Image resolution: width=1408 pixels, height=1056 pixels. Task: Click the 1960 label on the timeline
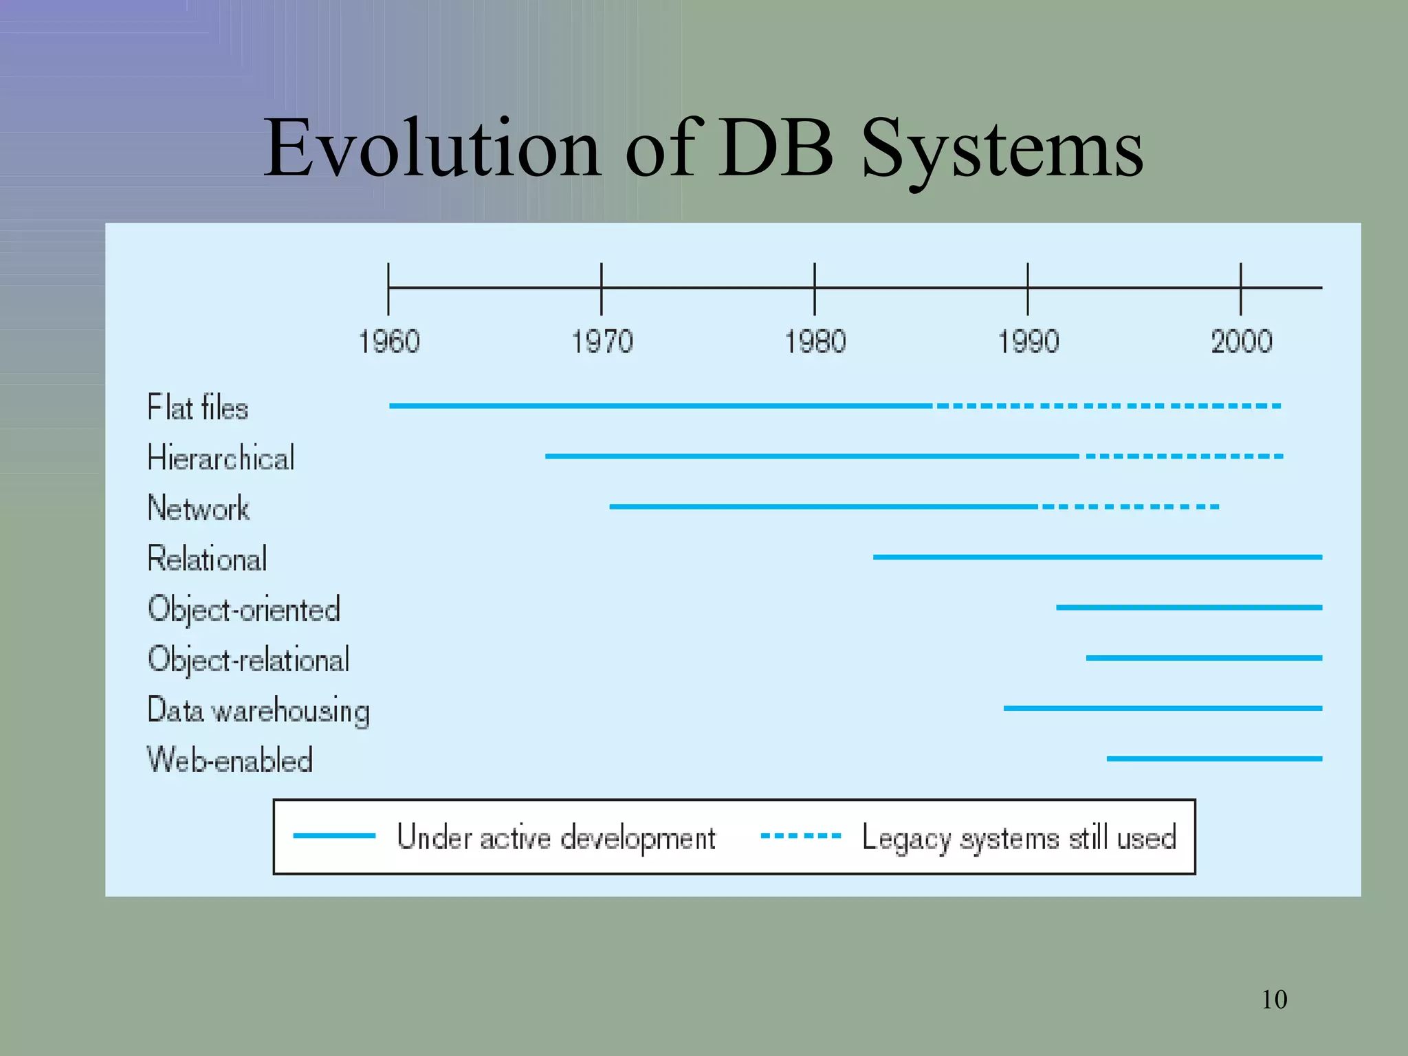click(389, 342)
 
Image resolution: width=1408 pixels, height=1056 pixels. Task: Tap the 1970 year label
click(602, 342)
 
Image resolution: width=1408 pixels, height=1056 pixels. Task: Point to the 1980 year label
click(815, 342)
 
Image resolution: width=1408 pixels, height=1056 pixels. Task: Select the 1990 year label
click(1028, 342)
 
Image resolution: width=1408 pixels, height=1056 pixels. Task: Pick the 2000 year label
click(1242, 342)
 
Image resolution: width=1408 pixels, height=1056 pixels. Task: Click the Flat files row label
click(198, 407)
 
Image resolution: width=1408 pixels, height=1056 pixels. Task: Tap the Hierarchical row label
click(221, 458)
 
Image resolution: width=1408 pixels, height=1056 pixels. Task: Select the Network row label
click(199, 508)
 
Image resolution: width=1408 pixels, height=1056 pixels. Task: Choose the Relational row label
click(208, 558)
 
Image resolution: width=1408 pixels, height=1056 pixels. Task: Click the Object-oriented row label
click(244, 609)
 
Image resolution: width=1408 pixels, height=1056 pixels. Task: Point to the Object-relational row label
click(249, 659)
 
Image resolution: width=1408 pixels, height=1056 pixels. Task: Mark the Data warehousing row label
click(258, 710)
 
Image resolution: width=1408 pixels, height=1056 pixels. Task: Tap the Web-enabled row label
click(230, 760)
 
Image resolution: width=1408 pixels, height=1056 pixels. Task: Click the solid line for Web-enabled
click(1214, 759)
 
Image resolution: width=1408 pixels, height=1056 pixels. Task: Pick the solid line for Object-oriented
click(1189, 608)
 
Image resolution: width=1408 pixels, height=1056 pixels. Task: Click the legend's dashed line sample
click(801, 836)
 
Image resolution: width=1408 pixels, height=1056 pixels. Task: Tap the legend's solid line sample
click(334, 836)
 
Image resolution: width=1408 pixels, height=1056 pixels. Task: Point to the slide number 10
click(1274, 1000)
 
